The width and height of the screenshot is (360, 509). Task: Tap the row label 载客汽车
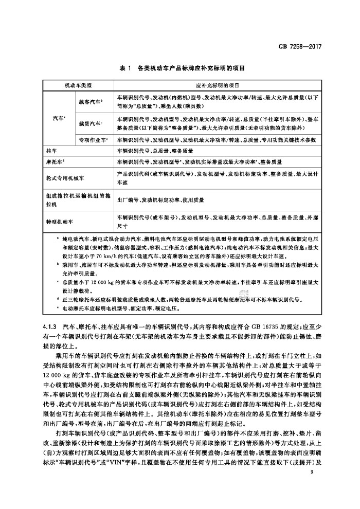click(x=91, y=102)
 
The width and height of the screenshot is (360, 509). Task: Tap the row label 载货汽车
click(x=91, y=123)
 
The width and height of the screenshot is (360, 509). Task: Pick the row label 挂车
click(x=51, y=151)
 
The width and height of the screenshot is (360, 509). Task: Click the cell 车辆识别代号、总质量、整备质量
click(x=155, y=151)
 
